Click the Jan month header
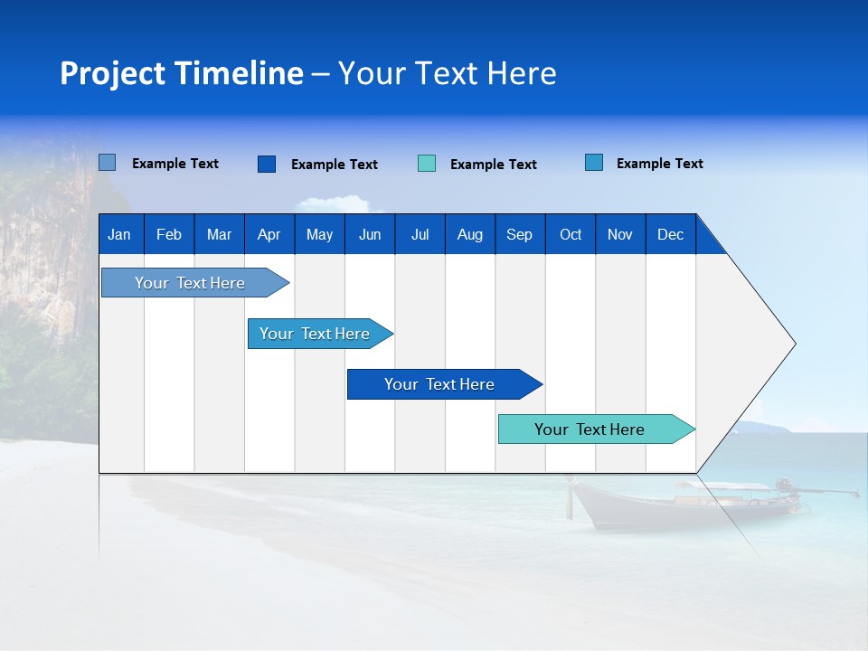click(x=120, y=234)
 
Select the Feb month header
click(x=169, y=234)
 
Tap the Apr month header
click(x=269, y=234)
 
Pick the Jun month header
click(x=370, y=234)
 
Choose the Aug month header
click(x=469, y=234)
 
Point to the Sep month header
click(x=519, y=234)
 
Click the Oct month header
click(x=571, y=234)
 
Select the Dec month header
click(x=670, y=234)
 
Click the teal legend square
click(x=427, y=164)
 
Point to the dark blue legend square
click(x=267, y=164)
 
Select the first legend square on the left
click(x=108, y=163)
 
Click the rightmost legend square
click(x=594, y=163)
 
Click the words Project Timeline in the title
click(x=182, y=73)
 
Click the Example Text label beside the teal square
click(x=493, y=165)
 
